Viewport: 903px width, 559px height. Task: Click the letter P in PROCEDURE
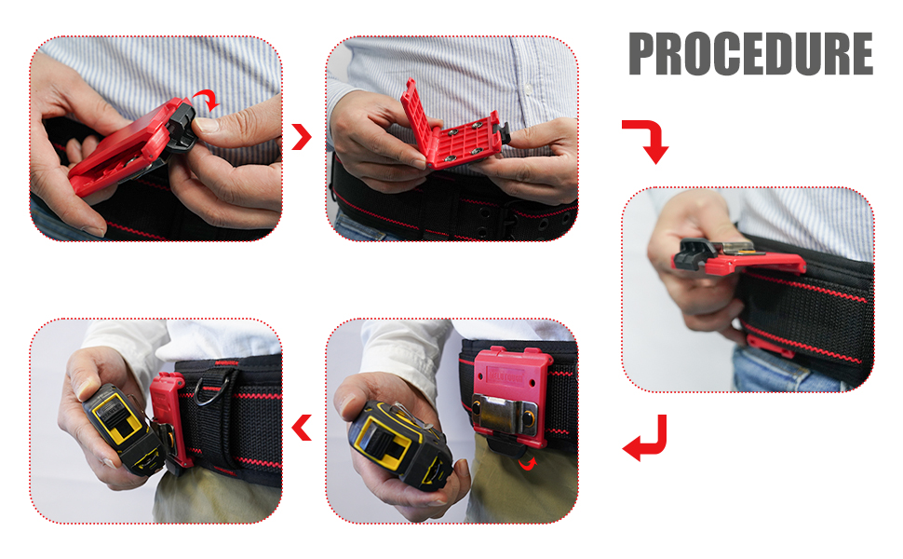click(x=646, y=55)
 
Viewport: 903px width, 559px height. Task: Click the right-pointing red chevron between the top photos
click(x=301, y=138)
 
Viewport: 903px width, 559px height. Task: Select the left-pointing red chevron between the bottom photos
click(x=301, y=429)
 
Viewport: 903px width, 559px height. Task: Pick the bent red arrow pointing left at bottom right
click(x=646, y=438)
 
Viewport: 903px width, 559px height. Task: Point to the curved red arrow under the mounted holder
click(x=528, y=462)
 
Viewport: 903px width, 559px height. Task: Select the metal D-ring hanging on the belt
click(x=208, y=390)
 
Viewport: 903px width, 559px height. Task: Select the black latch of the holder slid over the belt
click(x=700, y=252)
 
